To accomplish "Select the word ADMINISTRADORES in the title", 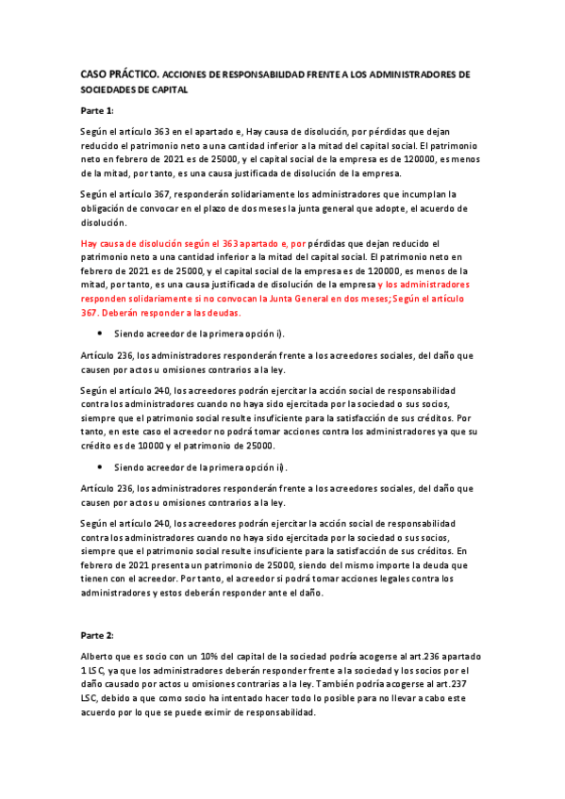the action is (x=422, y=73).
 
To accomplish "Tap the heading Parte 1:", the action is (x=97, y=111).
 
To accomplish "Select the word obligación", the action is (x=105, y=208).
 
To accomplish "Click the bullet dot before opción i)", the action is (x=99, y=334).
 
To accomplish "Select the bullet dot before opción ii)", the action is (x=99, y=467).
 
